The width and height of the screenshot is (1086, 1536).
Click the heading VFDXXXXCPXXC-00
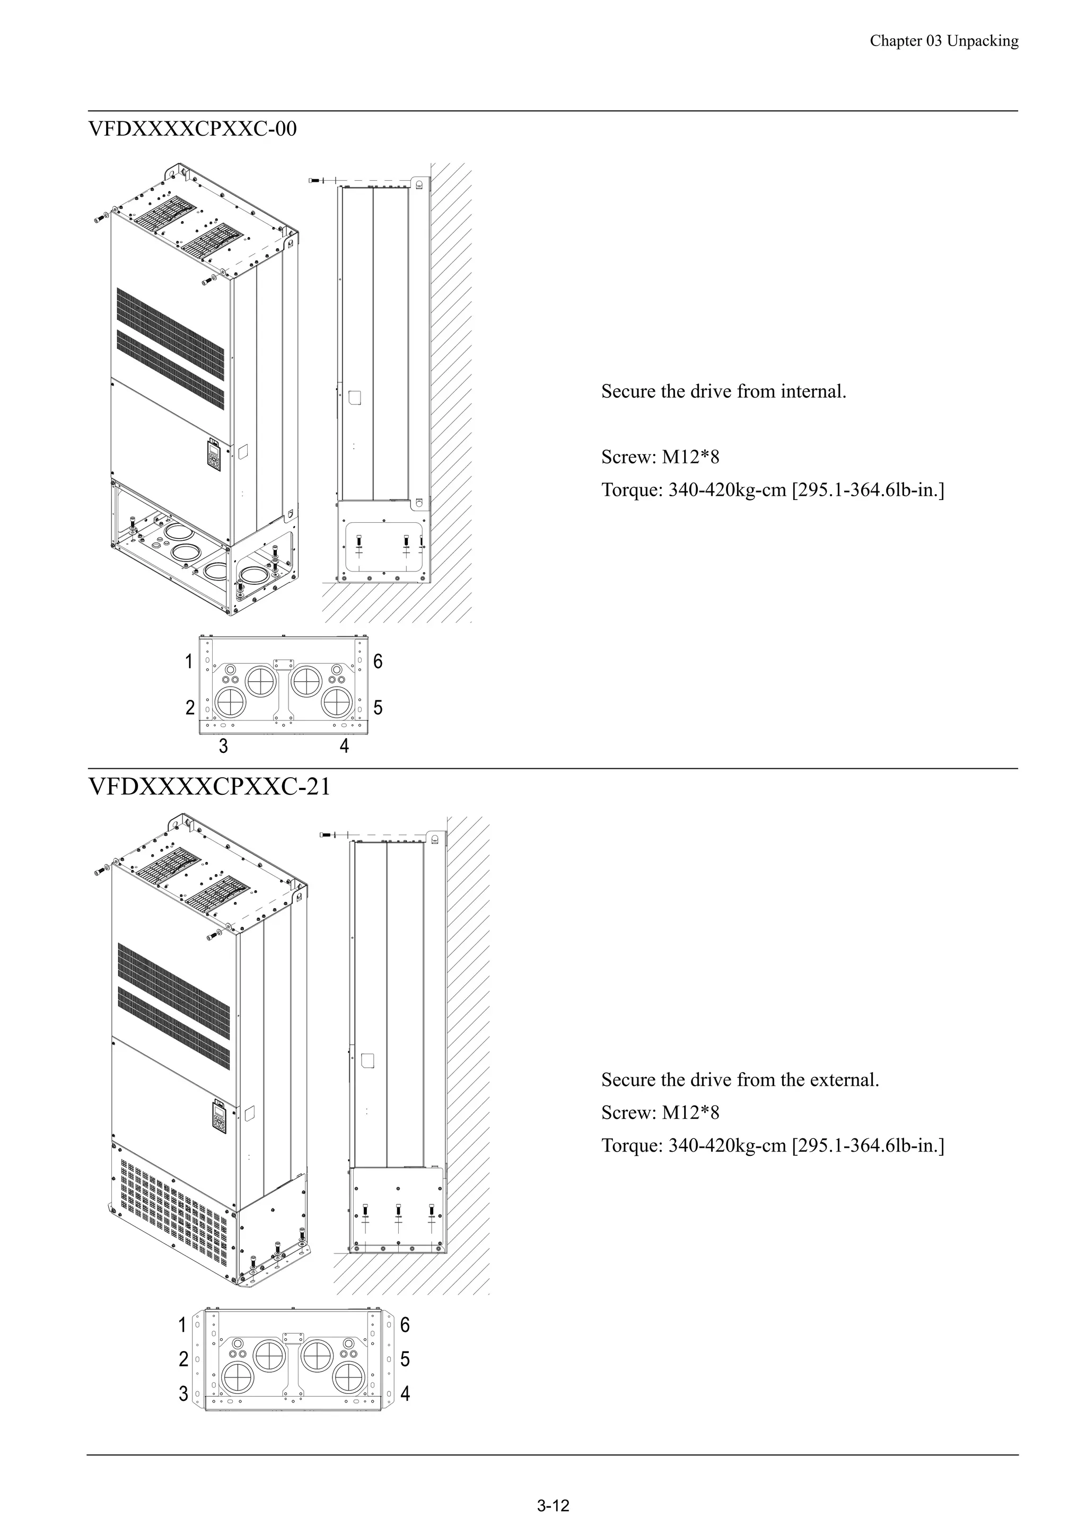[192, 128]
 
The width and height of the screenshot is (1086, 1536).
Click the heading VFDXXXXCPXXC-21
[209, 787]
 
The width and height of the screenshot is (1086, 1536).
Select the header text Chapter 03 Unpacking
[943, 41]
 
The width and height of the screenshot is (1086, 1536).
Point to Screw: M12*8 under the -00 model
[660, 458]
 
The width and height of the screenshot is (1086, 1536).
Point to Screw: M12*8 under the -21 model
[660, 1112]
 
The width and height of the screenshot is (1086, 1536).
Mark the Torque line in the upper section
[772, 490]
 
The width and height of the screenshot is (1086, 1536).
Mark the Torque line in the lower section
[772, 1145]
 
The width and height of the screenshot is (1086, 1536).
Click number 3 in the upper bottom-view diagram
[223, 746]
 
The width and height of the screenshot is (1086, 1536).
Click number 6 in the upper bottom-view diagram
[378, 662]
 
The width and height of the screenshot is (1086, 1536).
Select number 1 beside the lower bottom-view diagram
[182, 1324]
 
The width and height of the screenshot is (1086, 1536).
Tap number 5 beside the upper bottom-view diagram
[378, 708]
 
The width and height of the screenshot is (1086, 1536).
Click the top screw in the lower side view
[327, 835]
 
